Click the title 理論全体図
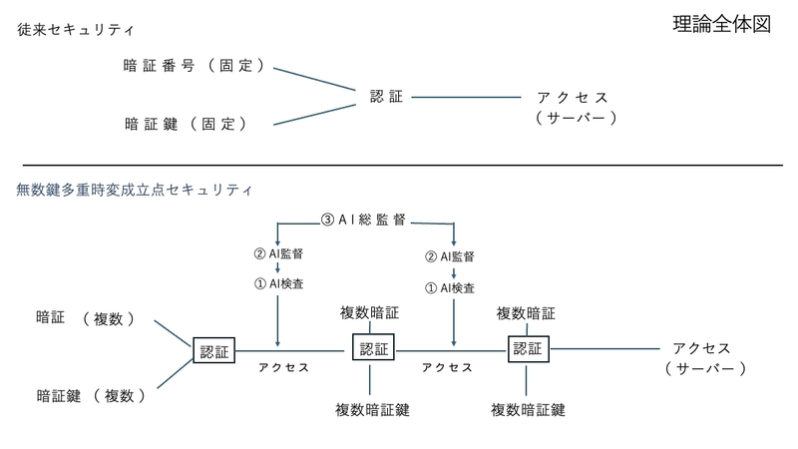pos(721,24)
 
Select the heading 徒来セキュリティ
pos(76,30)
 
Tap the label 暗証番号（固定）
pos(194,66)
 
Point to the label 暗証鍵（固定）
pos(186,124)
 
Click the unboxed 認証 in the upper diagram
pos(386,96)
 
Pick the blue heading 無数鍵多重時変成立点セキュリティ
pos(134,190)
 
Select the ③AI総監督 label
pos(363,220)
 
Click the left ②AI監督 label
pos(278,253)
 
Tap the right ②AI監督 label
pos(450,256)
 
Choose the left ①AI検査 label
pos(278,283)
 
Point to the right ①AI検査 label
pos(450,288)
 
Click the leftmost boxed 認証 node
pos(213,350)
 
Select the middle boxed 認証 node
pos(373,347)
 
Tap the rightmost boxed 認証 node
pos(529,348)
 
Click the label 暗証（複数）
pos(86,318)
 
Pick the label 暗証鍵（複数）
pos(91,395)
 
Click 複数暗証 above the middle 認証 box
pos(369,312)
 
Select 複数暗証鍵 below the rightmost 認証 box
pos(529,410)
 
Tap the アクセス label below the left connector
pos(283,367)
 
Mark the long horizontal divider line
pos(403,165)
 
